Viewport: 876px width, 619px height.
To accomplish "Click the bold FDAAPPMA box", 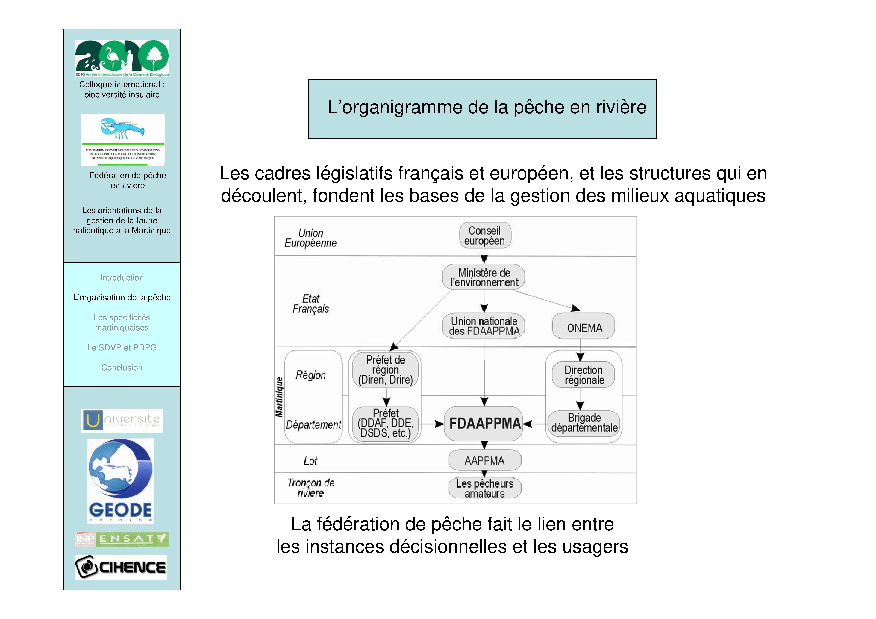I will point(484,423).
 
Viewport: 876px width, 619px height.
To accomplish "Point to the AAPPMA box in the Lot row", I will point(485,460).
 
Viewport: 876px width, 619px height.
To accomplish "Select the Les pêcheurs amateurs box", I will point(485,488).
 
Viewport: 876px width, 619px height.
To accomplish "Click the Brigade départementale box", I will point(584,423).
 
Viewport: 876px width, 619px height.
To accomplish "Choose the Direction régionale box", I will point(584,375).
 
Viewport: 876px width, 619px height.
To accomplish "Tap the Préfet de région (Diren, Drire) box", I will point(385,370).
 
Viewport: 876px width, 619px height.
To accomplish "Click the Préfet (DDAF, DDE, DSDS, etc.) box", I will point(385,423).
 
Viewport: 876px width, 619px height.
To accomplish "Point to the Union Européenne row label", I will point(310,238).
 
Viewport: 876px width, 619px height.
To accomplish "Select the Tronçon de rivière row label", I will point(310,488).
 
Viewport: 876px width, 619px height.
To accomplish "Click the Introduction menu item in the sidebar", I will point(122,278).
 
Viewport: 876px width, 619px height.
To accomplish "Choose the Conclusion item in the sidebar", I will point(122,368).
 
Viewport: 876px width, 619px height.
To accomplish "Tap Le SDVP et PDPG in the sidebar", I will point(122,347).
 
